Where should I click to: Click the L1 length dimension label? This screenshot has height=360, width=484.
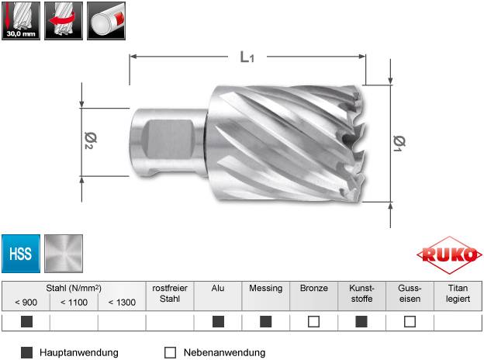[x=246, y=57]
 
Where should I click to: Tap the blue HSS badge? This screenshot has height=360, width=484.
[x=21, y=254]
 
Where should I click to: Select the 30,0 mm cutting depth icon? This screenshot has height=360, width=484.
[x=21, y=21]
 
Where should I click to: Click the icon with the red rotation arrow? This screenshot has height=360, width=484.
[x=64, y=21]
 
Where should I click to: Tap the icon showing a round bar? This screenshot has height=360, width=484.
[x=106, y=21]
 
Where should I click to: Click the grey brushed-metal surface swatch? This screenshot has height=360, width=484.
[x=64, y=254]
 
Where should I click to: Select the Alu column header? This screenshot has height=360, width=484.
[x=218, y=287]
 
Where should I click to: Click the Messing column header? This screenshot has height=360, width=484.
[x=266, y=287]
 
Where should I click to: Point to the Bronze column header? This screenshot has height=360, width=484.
[x=313, y=287]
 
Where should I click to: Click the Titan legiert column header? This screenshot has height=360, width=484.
[x=457, y=292]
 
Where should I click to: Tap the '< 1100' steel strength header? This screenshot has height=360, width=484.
[x=74, y=303]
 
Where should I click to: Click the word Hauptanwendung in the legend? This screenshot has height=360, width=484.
[x=80, y=352]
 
